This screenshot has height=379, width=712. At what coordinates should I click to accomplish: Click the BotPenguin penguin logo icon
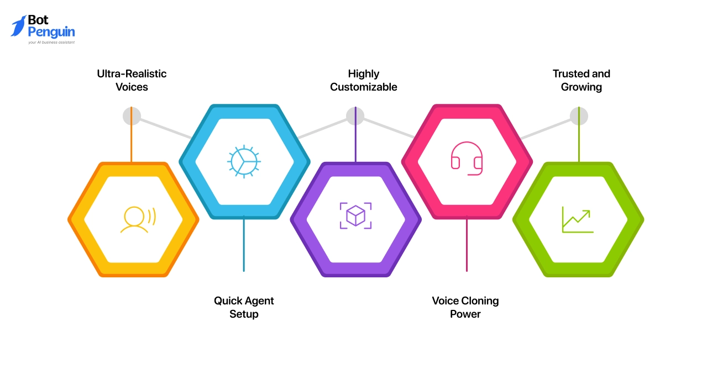pyautogui.click(x=18, y=26)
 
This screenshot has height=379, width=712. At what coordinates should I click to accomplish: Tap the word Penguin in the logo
pyautogui.click(x=51, y=33)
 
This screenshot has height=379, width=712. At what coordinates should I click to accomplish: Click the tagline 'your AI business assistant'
pyautogui.click(x=51, y=42)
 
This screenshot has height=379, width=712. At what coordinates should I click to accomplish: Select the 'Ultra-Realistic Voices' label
pyautogui.click(x=132, y=80)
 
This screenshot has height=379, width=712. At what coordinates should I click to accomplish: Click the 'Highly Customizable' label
pyautogui.click(x=363, y=80)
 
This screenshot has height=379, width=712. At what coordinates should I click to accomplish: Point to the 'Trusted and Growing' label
pyautogui.click(x=582, y=80)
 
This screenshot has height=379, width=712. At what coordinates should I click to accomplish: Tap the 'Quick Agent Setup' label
pyautogui.click(x=244, y=307)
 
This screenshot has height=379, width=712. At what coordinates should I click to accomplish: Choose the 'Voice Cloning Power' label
pyautogui.click(x=465, y=307)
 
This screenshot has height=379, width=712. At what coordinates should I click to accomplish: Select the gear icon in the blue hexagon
pyautogui.click(x=244, y=161)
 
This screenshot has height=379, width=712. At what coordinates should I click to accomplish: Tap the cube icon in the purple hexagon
pyautogui.click(x=355, y=215)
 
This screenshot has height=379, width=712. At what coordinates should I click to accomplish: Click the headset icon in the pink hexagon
pyautogui.click(x=467, y=159)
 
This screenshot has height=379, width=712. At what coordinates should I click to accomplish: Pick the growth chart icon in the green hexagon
pyautogui.click(x=578, y=219)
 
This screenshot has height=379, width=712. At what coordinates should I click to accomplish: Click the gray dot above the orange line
pyautogui.click(x=132, y=116)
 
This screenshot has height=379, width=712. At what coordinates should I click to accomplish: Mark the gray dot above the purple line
pyautogui.click(x=355, y=116)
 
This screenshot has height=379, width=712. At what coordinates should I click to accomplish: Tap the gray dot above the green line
pyautogui.click(x=579, y=116)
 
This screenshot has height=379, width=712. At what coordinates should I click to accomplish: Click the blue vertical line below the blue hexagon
pyautogui.click(x=244, y=244)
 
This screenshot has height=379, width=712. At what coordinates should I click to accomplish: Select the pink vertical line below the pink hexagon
pyautogui.click(x=467, y=244)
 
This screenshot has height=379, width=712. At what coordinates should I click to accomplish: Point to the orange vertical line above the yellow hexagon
pyautogui.click(x=131, y=135)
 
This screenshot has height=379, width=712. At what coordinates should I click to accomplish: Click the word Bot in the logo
pyautogui.click(x=38, y=20)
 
